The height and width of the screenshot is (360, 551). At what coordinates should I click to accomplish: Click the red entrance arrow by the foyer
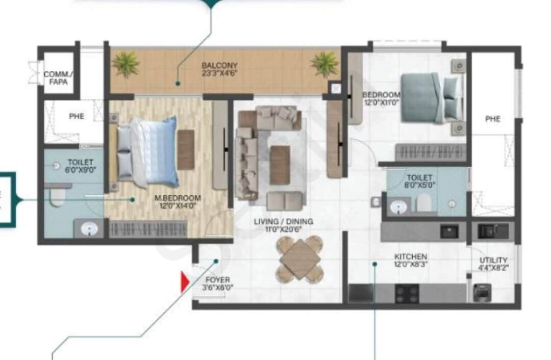(x=185, y=281)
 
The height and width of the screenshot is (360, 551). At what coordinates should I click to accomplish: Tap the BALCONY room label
(x=219, y=66)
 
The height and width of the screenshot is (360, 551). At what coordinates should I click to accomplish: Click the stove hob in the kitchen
(x=407, y=294)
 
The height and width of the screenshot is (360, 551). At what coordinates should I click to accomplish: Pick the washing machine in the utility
(x=482, y=292)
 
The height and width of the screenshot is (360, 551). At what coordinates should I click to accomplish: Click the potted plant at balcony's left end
(x=126, y=64)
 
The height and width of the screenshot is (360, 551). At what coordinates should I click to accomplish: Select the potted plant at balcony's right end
(x=324, y=64)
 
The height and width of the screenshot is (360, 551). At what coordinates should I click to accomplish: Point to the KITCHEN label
(x=410, y=256)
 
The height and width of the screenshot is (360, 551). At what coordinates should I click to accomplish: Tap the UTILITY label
(x=493, y=260)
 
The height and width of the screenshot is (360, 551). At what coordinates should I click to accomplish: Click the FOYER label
(x=217, y=280)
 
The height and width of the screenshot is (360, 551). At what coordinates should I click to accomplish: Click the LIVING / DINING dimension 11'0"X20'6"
(x=283, y=229)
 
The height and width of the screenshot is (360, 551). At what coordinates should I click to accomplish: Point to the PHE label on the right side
(x=493, y=119)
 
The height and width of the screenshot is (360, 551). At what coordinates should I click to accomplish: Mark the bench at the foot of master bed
(x=186, y=150)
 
